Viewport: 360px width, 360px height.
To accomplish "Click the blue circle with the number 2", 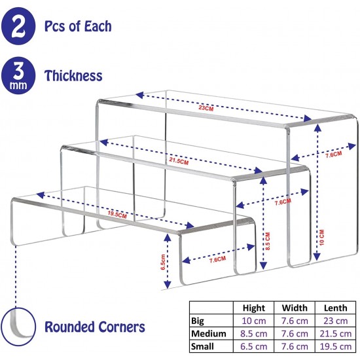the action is coord(18,26).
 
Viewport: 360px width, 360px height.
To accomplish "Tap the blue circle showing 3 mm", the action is coord(18,75).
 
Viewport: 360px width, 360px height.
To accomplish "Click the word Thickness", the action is coord(73,75).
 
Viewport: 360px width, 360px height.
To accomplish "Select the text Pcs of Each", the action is coord(78,26).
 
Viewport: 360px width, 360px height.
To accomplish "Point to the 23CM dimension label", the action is coord(206,108).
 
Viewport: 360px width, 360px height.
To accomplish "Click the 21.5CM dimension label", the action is coord(179,161).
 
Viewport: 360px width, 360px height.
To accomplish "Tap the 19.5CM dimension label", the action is coord(117,215).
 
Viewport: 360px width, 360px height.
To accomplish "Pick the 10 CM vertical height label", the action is coord(321,238).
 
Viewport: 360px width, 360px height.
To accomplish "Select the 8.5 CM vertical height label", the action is coord(268,241).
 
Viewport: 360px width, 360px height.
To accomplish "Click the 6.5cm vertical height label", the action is coord(163,262).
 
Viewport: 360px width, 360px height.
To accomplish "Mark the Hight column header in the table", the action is coord(254,308).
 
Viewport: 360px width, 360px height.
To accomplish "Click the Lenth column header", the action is coord(335,308).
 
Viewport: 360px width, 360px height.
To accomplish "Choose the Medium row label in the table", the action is coord(209,334).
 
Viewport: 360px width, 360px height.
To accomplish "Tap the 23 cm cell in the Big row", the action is coord(335,321).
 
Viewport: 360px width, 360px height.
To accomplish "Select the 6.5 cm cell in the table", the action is coord(254,346).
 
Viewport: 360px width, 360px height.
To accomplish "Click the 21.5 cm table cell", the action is coord(335,334).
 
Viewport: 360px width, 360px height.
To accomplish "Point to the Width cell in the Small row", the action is coord(295,346).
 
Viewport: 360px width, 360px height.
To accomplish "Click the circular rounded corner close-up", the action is coord(18,327).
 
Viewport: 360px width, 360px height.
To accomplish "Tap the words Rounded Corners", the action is coord(95,327).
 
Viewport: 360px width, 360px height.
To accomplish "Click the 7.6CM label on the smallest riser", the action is coord(217,260).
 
